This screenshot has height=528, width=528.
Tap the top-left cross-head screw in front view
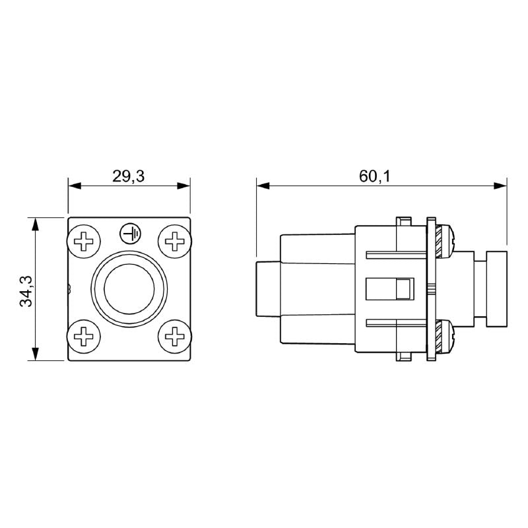(84, 242)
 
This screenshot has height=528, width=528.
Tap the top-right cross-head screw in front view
(175, 242)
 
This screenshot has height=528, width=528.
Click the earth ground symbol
(129, 232)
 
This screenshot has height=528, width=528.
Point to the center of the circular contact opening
(129, 288)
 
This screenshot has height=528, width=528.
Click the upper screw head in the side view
(447, 242)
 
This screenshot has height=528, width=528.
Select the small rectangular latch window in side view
(403, 288)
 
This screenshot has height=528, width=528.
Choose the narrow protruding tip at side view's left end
(267, 288)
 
